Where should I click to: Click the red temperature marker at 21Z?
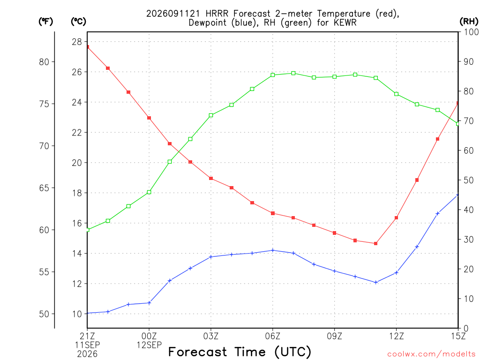tap(88, 47)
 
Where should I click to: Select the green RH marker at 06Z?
tap(273, 75)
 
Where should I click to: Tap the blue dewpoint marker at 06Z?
tap(273, 250)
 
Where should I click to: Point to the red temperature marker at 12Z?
tap(396, 217)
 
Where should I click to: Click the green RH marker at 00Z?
tap(149, 192)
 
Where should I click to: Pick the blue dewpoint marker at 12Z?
tap(396, 272)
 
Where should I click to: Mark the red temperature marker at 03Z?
tap(211, 179)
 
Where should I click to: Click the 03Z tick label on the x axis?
tap(211, 336)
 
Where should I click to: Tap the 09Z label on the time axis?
tap(334, 336)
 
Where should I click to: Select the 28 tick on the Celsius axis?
tap(77, 42)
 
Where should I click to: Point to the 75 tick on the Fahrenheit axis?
tap(44, 104)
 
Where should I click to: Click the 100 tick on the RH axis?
tap(471, 32)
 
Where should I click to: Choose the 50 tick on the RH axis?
tap(468, 180)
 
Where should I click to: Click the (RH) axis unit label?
tap(469, 21)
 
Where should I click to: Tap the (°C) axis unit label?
tap(78, 21)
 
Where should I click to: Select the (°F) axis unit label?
tap(45, 21)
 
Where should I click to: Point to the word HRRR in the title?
tap(217, 14)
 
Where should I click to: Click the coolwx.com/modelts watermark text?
tap(431, 354)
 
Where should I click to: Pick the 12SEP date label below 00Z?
tap(149, 345)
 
